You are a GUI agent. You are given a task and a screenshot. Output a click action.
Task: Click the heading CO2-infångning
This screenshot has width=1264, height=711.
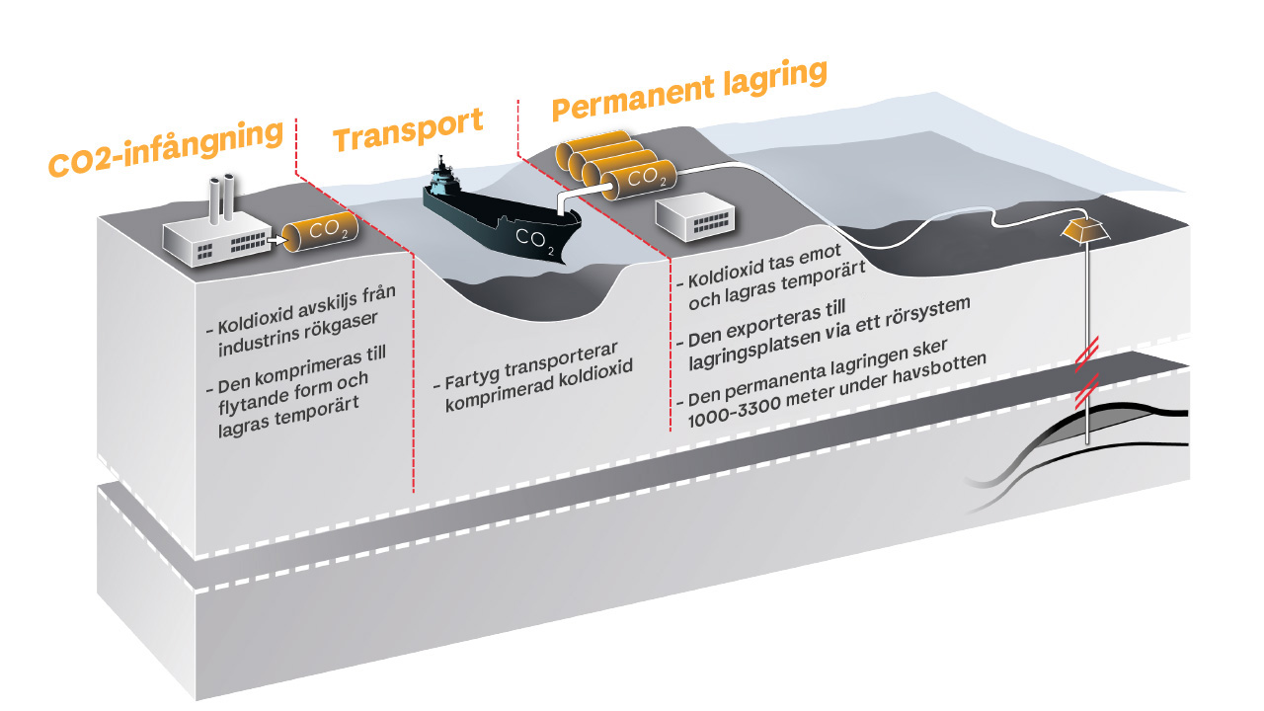tap(165, 148)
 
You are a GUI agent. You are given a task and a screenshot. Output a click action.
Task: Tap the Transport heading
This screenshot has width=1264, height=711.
tap(408, 129)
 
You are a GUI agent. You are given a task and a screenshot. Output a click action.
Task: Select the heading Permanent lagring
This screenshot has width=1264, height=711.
tap(689, 90)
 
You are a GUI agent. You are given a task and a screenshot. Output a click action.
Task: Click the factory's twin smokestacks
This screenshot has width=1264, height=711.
tap(222, 199)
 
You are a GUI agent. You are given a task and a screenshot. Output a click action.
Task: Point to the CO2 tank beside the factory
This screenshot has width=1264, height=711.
tap(320, 231)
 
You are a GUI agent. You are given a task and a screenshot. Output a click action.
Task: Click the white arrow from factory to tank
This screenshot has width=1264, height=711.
tap(276, 240)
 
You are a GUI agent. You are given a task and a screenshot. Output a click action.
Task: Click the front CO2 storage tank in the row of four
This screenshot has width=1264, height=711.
tap(639, 180)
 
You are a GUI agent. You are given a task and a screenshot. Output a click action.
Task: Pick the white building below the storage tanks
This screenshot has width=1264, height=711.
tap(695, 216)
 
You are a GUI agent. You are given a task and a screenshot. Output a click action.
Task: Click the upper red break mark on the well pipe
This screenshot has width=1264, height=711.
tap(1086, 355)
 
